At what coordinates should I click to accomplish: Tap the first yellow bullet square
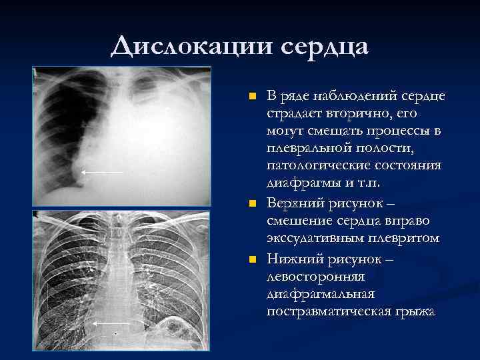click(251, 97)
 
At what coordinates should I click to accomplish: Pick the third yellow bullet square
click(251, 258)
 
